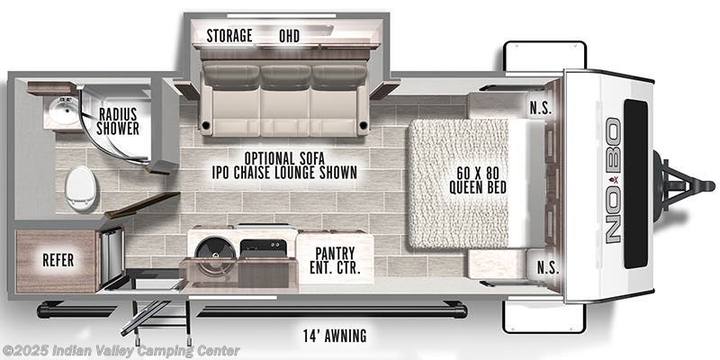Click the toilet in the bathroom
point(80,186)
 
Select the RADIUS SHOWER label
point(118,121)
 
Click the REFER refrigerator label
point(58,260)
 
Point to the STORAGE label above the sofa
point(229,36)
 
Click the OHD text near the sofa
point(289,36)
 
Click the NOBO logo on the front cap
point(613,180)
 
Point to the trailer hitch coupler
point(684,180)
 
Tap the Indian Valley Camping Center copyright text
point(121,350)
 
